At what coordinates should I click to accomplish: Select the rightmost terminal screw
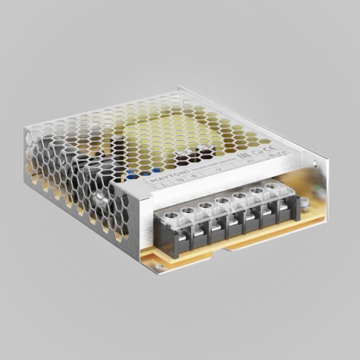click(x=272, y=186)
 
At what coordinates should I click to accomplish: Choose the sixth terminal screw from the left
click(x=257, y=190)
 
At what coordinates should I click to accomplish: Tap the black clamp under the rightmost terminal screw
click(x=282, y=210)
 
